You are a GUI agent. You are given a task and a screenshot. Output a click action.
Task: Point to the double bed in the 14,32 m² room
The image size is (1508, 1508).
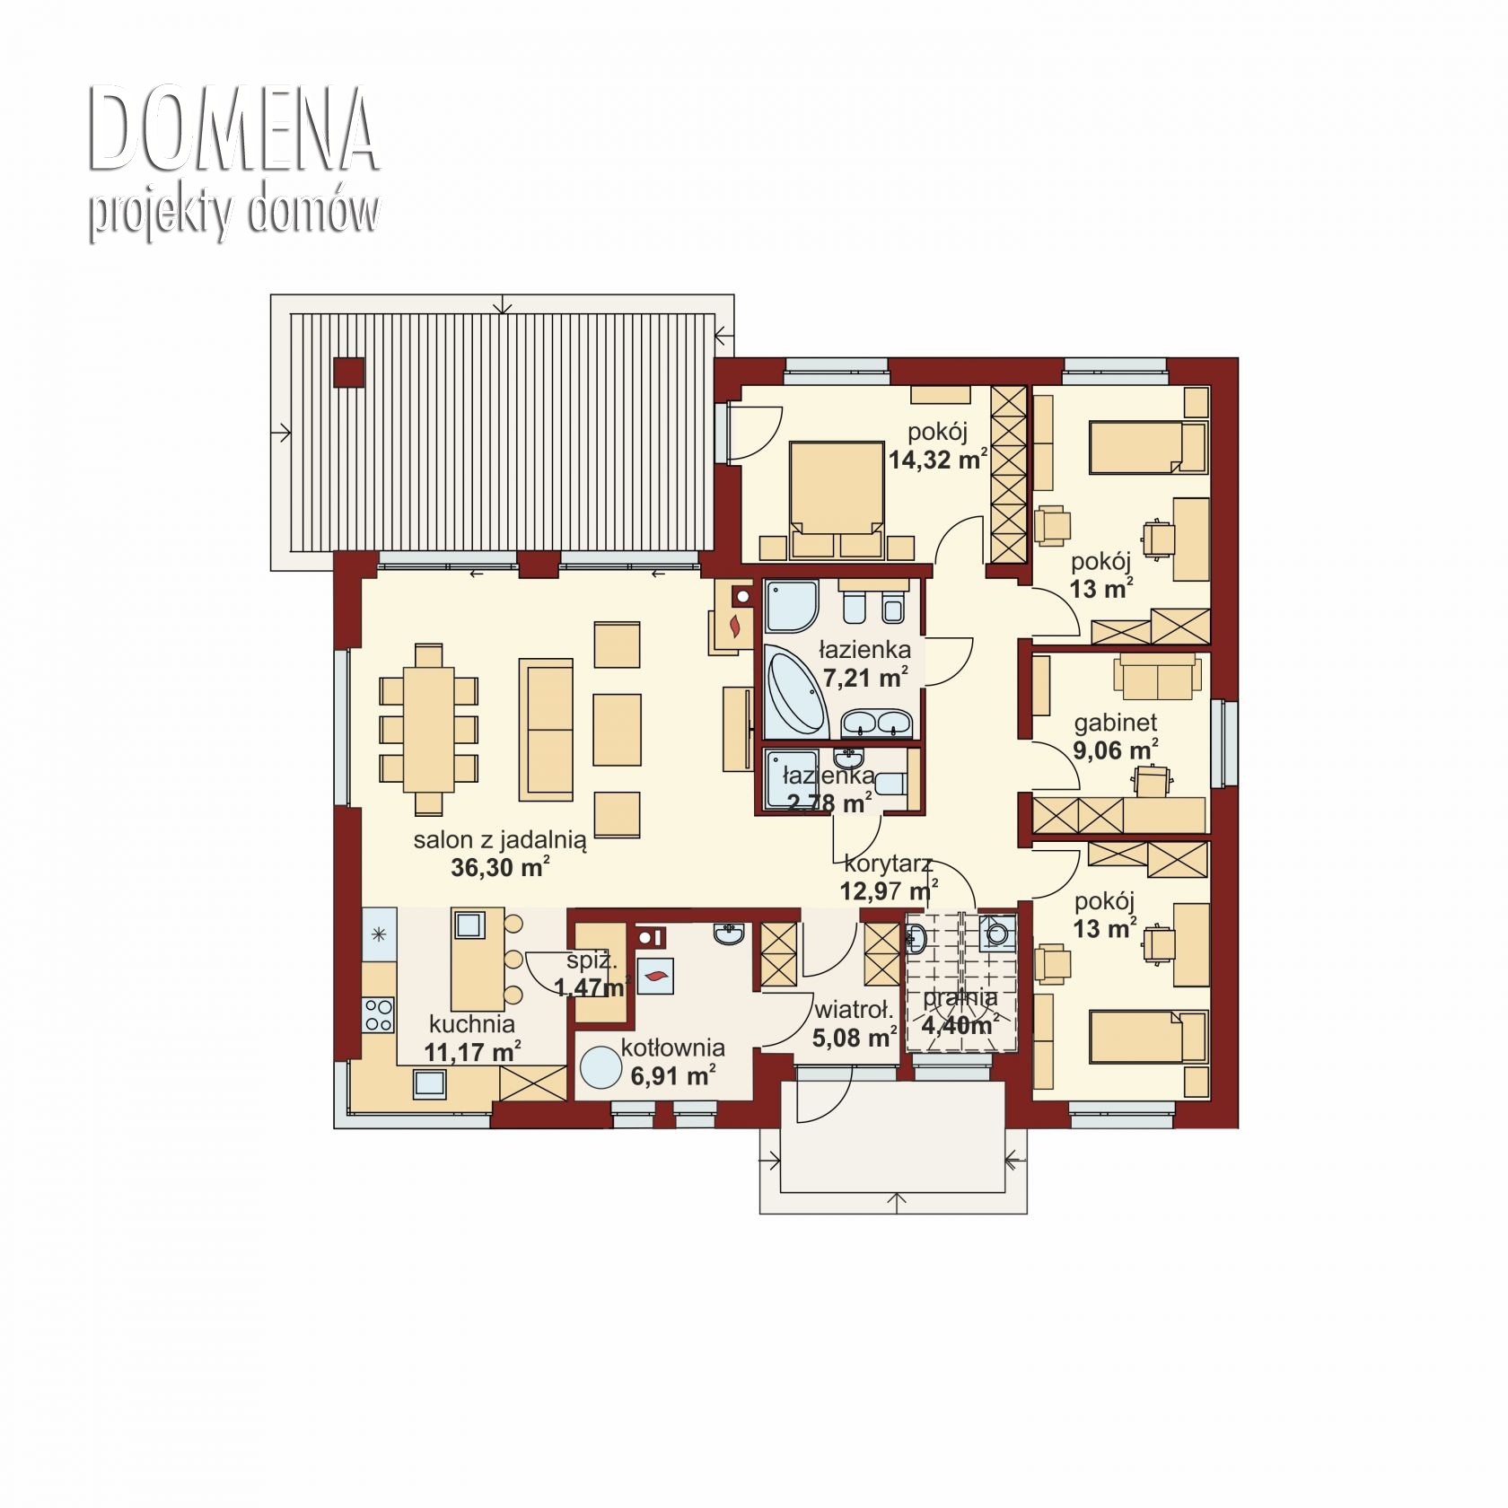836,493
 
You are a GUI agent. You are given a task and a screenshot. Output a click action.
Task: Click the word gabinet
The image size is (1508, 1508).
1116,723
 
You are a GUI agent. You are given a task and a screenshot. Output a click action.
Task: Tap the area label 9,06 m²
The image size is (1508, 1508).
1116,750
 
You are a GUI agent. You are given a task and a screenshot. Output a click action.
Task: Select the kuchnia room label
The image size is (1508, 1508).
472,1024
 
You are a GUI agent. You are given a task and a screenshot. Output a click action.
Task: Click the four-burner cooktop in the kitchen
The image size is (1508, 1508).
378,1013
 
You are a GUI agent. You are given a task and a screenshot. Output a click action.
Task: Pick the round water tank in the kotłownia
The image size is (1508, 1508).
601,1069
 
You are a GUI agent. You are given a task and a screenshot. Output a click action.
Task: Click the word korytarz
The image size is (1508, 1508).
889,864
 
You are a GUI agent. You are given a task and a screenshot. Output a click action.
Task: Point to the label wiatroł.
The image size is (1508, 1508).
853,1011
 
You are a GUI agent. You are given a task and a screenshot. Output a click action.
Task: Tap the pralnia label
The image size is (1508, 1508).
960,998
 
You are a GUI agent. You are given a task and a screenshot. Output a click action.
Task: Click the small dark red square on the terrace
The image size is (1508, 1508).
348,373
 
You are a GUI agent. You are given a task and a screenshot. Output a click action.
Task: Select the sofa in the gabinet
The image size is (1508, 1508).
1158,677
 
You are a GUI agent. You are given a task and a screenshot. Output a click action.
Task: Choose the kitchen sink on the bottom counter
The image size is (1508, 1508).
430,1084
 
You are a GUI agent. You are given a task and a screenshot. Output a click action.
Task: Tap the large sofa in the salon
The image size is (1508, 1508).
546,730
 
